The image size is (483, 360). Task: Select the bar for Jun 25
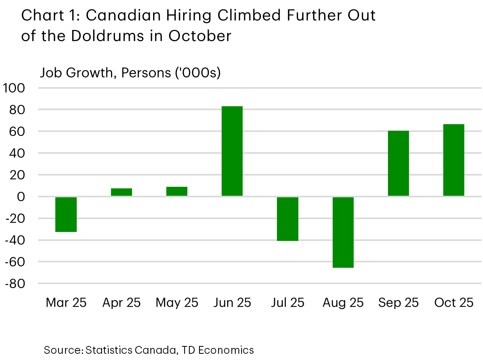[232, 151]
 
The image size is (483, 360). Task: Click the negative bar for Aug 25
[343, 232]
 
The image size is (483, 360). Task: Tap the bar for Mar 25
[66, 214]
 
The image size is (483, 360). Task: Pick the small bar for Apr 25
[122, 192]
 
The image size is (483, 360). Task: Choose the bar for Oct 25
[454, 160]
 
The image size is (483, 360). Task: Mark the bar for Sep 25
[398, 163]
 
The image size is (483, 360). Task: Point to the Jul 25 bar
[287, 219]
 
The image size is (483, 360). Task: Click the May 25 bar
[177, 191]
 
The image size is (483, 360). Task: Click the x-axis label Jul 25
[287, 303]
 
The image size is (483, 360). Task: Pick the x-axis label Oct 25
[454, 303]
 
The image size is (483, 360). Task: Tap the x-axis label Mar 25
[66, 303]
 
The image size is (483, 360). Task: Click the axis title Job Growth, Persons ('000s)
[130, 73]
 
